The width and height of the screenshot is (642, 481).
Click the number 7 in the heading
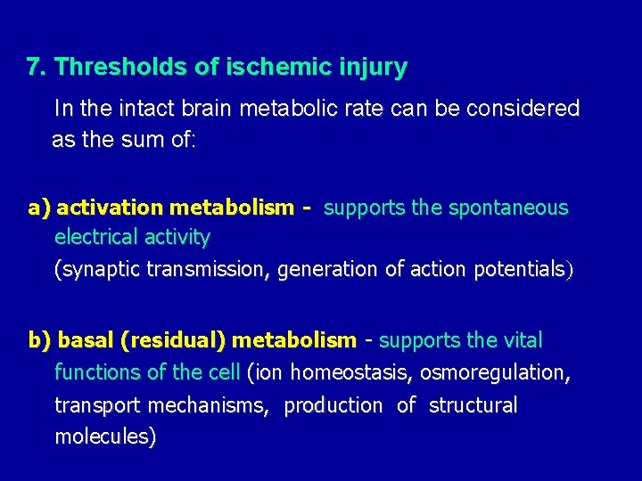point(33,67)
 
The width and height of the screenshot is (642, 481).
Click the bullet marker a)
point(39,208)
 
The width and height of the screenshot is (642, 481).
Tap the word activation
point(110,208)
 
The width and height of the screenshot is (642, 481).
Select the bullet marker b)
point(39,340)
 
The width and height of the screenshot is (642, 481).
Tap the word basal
point(85,340)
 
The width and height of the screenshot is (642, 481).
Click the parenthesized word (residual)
point(173,340)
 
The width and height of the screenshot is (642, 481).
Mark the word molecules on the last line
point(104,436)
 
